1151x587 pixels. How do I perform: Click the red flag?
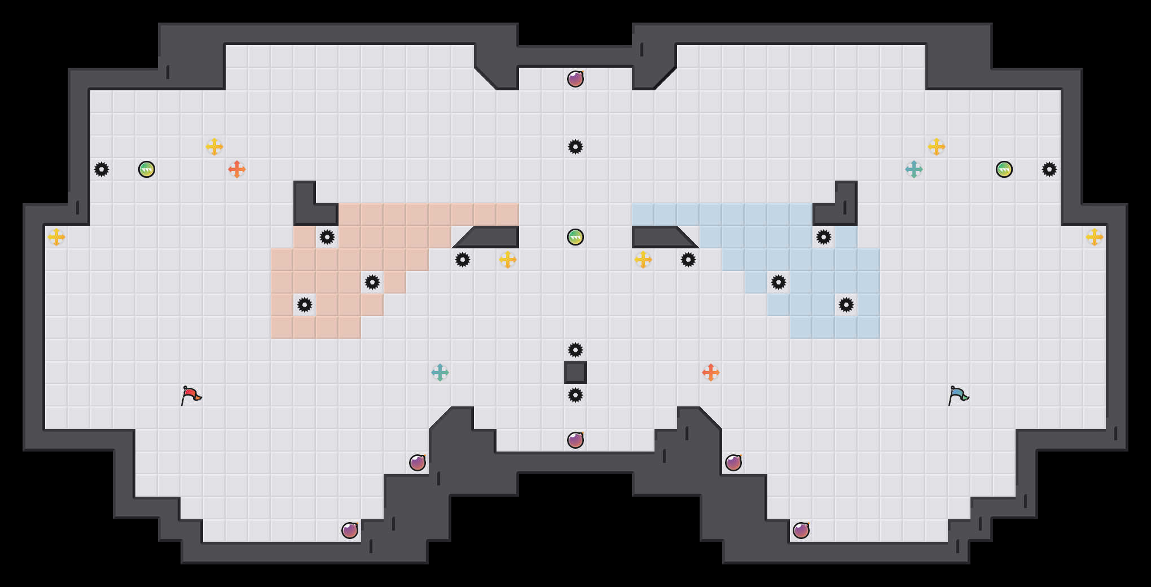(190, 395)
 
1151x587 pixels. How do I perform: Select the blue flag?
(957, 395)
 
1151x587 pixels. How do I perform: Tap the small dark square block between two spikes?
(575, 373)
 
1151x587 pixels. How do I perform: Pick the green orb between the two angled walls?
(575, 237)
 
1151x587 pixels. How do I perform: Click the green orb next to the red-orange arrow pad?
(147, 169)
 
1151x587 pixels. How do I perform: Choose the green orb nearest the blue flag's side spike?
(1004, 169)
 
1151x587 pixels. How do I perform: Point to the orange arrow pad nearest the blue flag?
(711, 373)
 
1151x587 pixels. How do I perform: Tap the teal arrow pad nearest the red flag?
(440, 373)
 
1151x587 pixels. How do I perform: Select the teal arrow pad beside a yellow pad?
(914, 169)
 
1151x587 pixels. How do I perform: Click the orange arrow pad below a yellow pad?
(237, 169)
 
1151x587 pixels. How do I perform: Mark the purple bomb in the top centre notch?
(575, 79)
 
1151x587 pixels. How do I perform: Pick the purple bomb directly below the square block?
(575, 440)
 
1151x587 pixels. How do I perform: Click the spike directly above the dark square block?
(575, 350)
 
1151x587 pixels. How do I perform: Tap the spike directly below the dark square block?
(575, 395)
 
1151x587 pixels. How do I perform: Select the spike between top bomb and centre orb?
(575, 147)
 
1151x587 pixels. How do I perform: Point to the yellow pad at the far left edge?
(56, 237)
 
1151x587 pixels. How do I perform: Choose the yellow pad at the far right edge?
(1095, 237)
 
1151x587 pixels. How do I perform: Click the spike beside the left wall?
(102, 169)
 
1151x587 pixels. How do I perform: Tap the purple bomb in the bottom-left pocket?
(350, 531)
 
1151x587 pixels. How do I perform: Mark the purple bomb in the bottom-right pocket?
(801, 531)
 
